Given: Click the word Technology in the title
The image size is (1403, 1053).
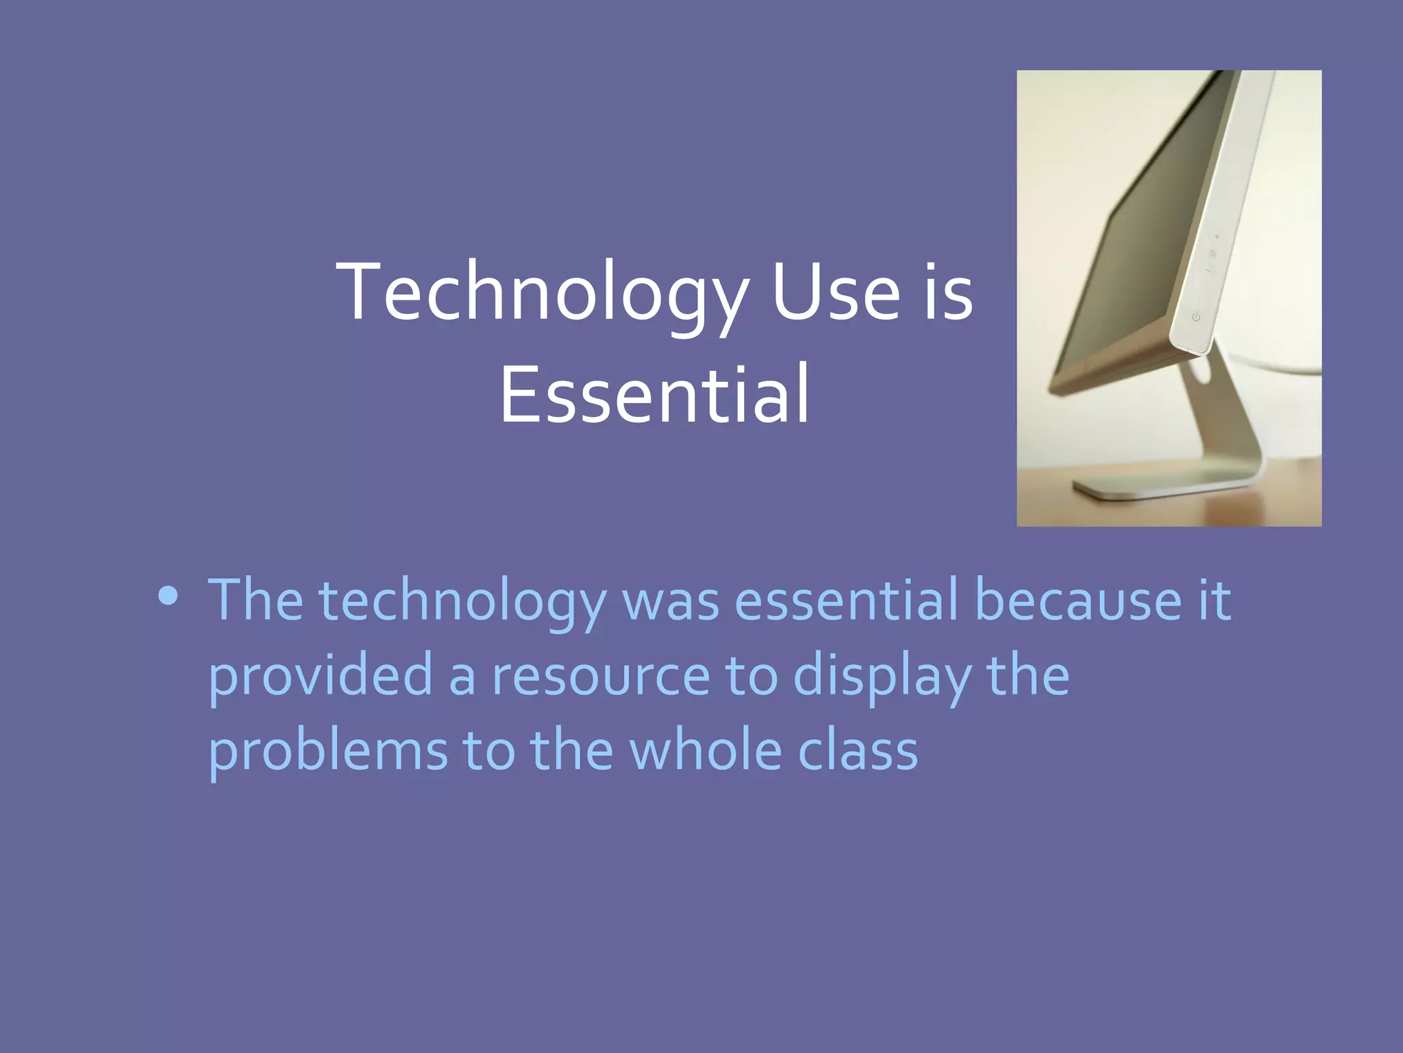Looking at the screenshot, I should tap(541, 293).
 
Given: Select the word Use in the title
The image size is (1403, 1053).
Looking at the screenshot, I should tap(836, 293).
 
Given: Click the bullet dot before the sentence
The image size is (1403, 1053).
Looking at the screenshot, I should tap(168, 596).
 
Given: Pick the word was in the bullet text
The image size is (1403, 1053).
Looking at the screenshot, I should tap(671, 601).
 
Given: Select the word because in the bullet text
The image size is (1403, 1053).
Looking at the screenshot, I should tap(1078, 601).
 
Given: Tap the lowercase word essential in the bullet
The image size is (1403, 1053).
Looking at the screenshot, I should tap(846, 601).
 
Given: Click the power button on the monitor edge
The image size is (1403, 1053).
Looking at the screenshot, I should tap(1195, 317).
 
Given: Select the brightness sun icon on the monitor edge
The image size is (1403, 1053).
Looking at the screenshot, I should tap(1213, 254).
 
